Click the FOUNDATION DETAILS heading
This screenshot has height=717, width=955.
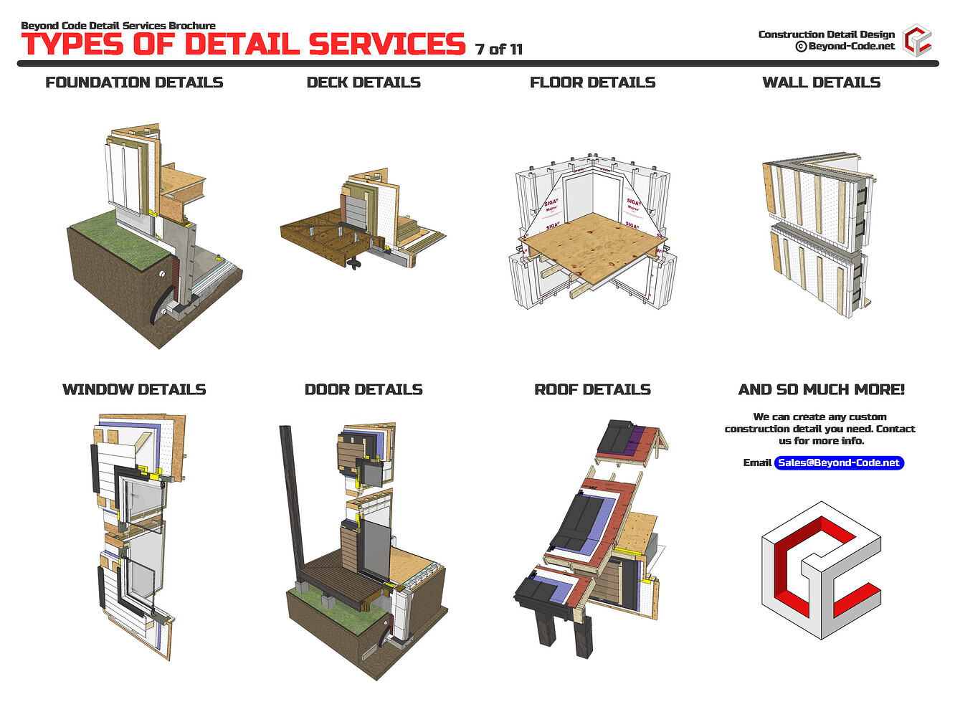pyautogui.click(x=134, y=82)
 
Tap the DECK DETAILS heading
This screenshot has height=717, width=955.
pyautogui.click(x=364, y=82)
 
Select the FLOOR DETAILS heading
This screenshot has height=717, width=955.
pyautogui.click(x=592, y=82)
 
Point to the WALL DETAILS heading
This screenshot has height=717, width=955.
pyautogui.click(x=821, y=82)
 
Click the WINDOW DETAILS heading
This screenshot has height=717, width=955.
pyautogui.click(x=134, y=389)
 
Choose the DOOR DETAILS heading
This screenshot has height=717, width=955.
pyautogui.click(x=364, y=389)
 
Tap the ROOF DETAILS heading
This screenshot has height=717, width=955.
pyautogui.click(x=592, y=389)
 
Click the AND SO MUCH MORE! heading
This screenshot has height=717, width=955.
pyautogui.click(x=821, y=389)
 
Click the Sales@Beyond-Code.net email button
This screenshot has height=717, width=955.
pyautogui.click(x=839, y=462)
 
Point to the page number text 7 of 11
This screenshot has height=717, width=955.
pyautogui.click(x=499, y=49)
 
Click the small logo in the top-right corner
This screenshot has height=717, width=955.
pyautogui.click(x=917, y=40)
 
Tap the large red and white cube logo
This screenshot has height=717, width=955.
pyautogui.click(x=821, y=570)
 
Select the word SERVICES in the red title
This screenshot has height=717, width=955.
pyautogui.click(x=387, y=44)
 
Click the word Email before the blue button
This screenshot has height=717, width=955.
pyautogui.click(x=757, y=462)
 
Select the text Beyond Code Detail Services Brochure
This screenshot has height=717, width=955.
pyautogui.click(x=118, y=26)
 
